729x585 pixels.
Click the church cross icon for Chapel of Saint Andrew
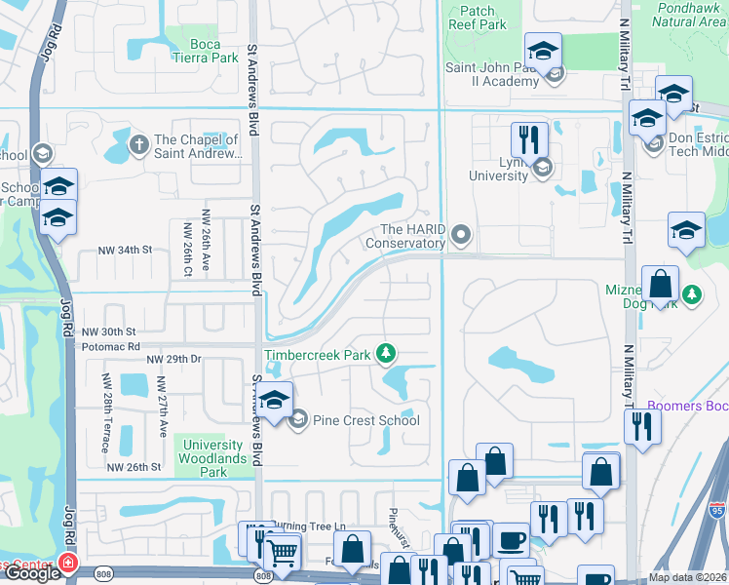pyautogui.click(x=139, y=145)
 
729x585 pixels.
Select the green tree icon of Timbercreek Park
pyautogui.click(x=387, y=352)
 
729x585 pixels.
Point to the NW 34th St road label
pyautogui.click(x=126, y=251)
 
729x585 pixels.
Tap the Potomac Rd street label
pyautogui.click(x=110, y=346)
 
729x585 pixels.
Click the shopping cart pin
pyautogui.click(x=282, y=552)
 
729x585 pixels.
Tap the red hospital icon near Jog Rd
pyautogui.click(x=67, y=564)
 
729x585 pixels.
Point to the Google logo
pyautogui.click(x=31, y=573)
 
